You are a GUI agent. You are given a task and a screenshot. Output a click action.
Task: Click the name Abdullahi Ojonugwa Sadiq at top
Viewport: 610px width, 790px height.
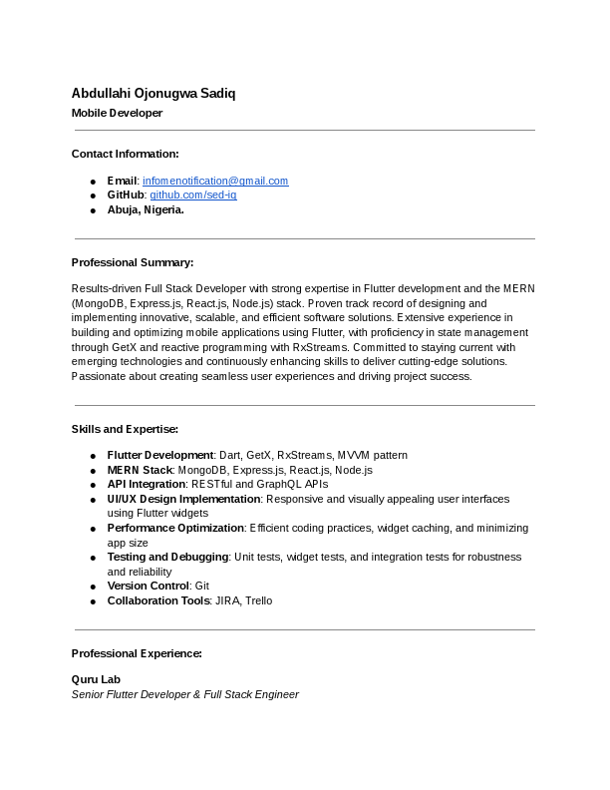(x=153, y=94)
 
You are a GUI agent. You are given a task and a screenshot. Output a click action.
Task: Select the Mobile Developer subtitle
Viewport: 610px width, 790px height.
(x=117, y=113)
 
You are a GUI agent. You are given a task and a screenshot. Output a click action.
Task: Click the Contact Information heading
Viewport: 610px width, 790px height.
(x=125, y=154)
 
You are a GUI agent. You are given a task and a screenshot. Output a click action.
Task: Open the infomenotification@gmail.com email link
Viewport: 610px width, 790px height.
(x=215, y=181)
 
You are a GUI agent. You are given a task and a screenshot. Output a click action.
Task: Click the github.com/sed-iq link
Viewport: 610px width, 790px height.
(x=193, y=195)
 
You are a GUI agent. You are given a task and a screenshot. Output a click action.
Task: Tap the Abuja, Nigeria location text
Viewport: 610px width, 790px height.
(x=146, y=209)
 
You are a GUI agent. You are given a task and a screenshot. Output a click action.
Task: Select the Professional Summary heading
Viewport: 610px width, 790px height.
(x=133, y=262)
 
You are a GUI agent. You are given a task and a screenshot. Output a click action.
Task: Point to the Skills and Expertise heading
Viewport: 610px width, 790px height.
(x=125, y=429)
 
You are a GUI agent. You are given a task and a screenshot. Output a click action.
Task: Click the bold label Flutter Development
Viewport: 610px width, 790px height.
(x=160, y=455)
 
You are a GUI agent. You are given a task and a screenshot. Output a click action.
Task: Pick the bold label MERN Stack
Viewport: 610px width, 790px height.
(x=141, y=470)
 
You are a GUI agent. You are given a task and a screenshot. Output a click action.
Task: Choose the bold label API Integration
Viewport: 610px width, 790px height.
(x=147, y=484)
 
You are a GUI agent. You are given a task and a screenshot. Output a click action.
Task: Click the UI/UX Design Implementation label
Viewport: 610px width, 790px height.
(x=184, y=499)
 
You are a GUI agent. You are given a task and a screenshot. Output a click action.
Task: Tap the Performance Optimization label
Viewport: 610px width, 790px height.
(x=176, y=528)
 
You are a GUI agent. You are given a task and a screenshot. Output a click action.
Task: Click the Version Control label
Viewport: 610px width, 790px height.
(x=149, y=587)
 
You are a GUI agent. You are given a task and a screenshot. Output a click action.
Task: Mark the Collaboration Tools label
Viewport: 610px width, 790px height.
(x=159, y=600)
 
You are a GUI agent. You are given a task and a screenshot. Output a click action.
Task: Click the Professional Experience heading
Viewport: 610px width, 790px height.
(x=137, y=653)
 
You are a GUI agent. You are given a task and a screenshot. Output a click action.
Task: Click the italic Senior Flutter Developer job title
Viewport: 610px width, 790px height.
(x=184, y=694)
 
